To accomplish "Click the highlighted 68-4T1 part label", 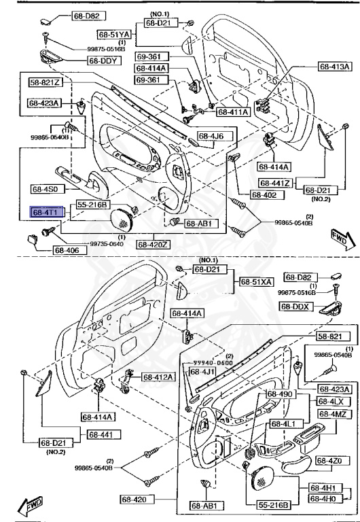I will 46,212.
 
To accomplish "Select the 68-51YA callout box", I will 113,33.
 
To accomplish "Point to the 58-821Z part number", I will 46,83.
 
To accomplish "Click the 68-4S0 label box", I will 46,190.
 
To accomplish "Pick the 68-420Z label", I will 154,244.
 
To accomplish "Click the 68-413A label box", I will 335,67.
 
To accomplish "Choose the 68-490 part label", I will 279,394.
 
